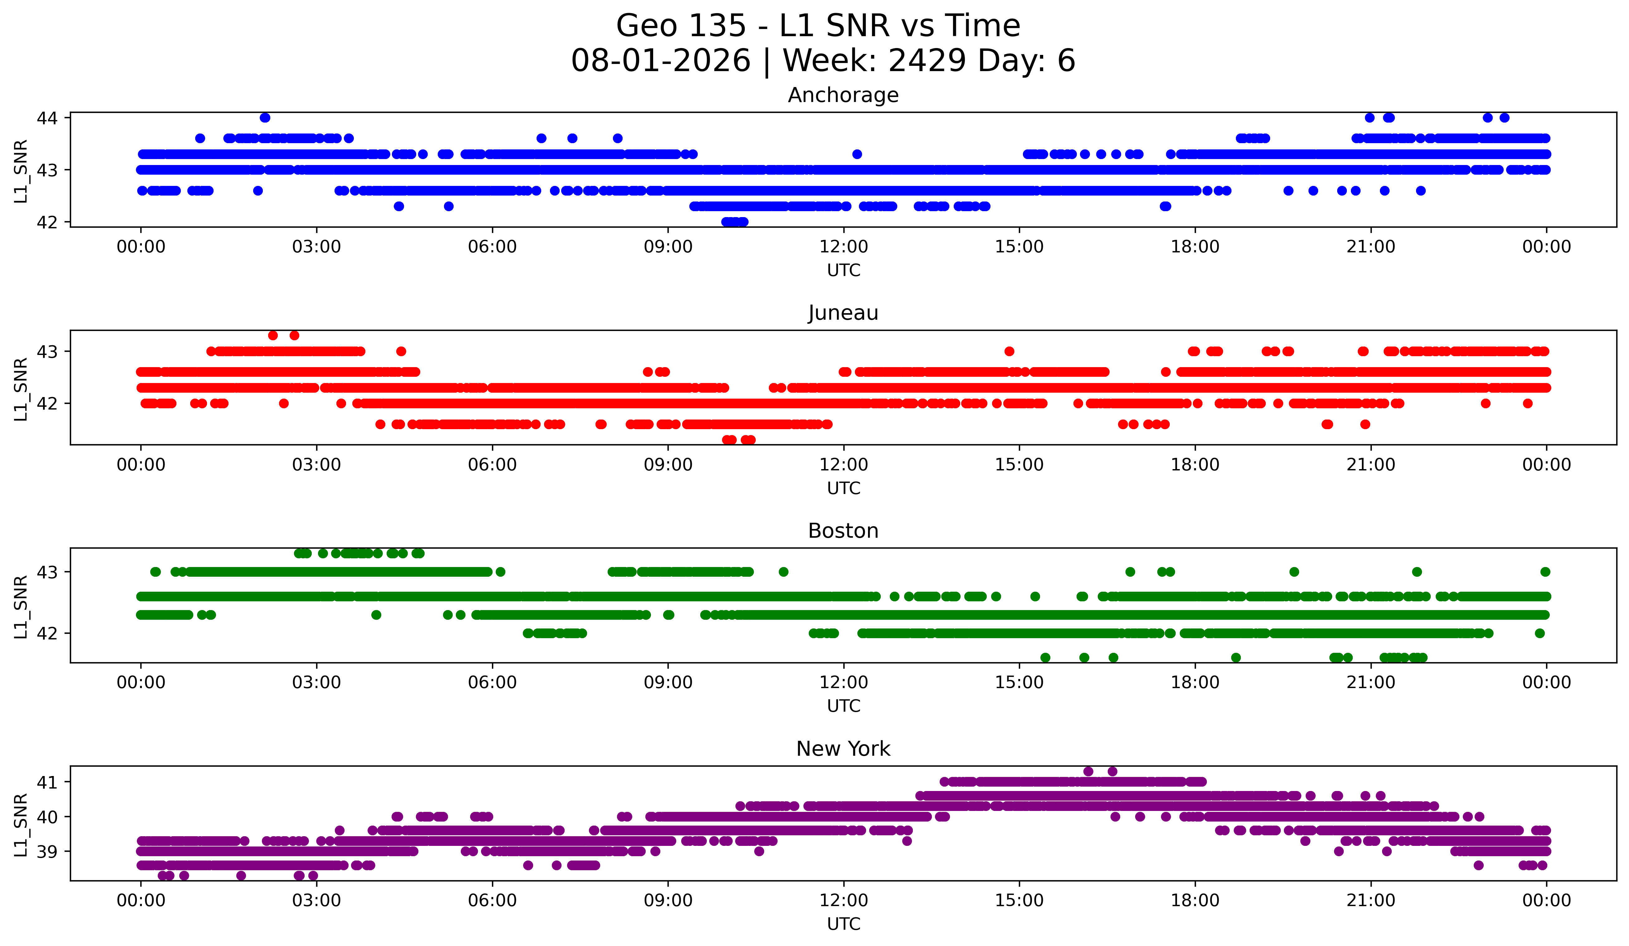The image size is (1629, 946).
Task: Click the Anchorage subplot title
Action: click(843, 95)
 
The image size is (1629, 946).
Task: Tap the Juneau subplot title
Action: click(843, 313)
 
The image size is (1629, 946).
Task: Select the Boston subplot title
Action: click(843, 531)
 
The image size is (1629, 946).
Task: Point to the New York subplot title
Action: click(843, 749)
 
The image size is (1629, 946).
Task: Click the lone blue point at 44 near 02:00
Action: click(265, 118)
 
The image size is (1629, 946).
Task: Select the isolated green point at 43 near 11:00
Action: click(783, 572)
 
